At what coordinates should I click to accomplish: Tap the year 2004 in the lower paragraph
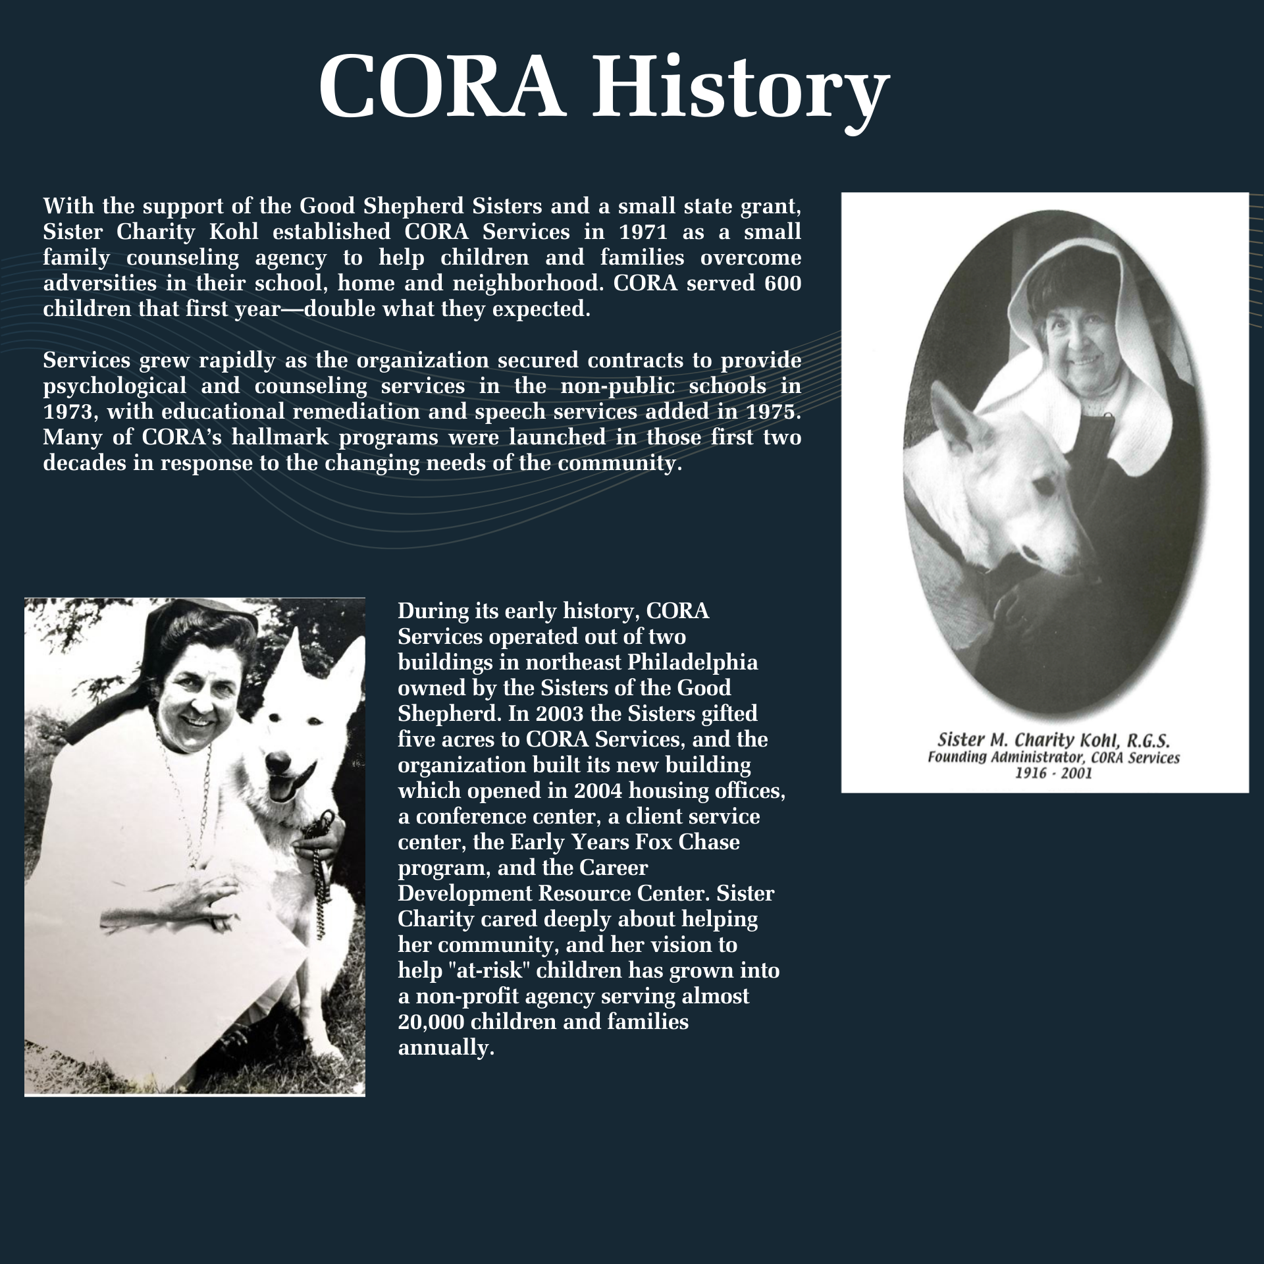click(596, 791)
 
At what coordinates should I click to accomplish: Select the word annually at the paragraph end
click(446, 1047)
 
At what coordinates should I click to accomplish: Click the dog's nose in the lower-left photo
click(278, 763)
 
